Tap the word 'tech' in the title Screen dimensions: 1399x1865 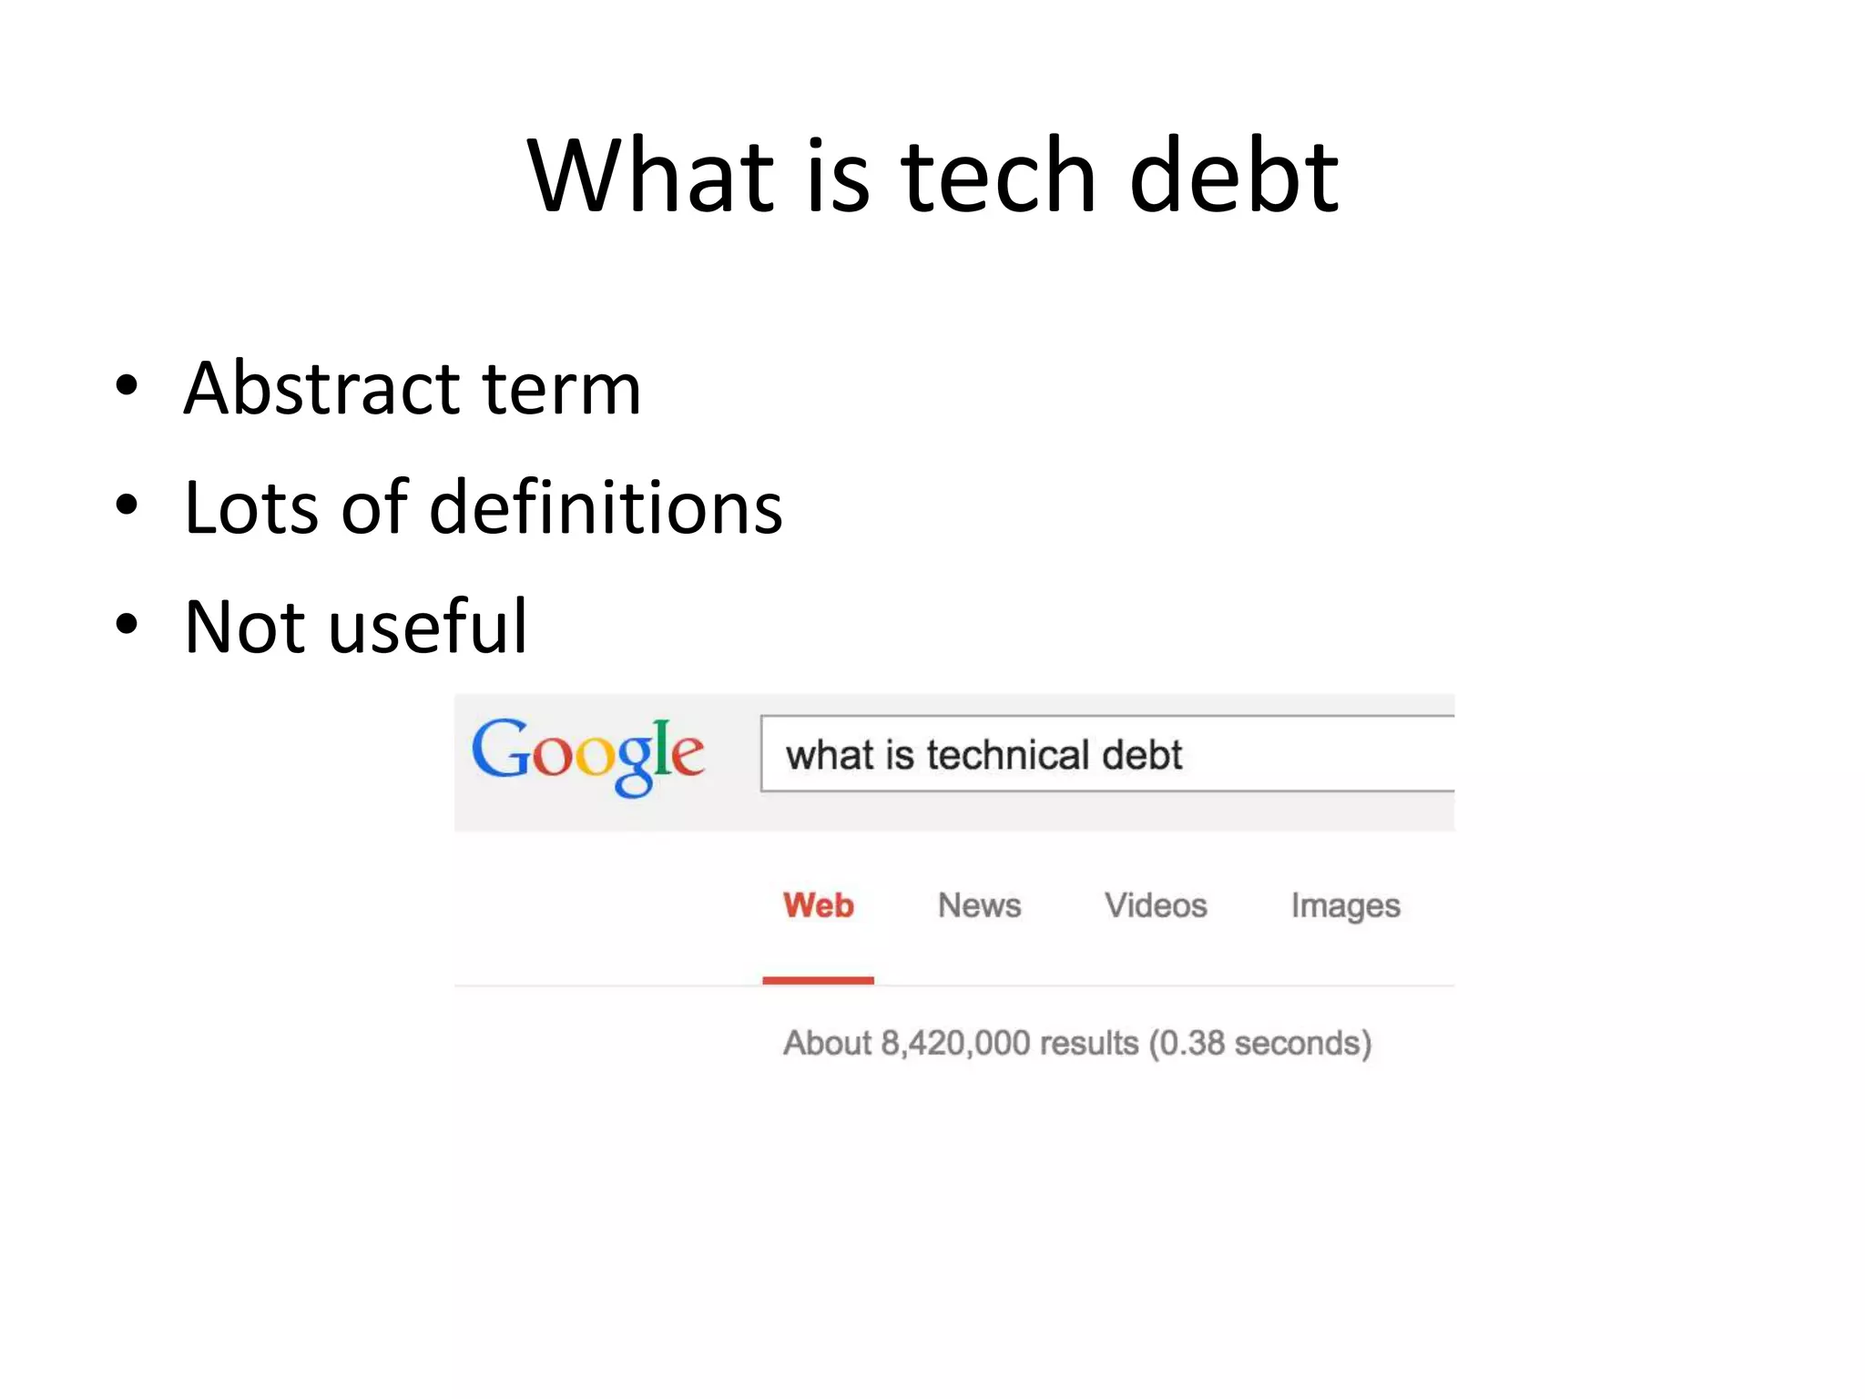(998, 175)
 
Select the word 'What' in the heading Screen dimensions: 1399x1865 (651, 175)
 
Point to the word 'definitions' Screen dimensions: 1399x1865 (606, 507)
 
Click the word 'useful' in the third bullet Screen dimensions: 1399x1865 (428, 627)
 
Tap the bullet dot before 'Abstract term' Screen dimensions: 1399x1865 (127, 386)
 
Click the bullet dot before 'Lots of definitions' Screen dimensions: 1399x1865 (127, 505)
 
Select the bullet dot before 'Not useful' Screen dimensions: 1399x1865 (127, 625)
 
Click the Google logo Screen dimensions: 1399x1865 (587, 756)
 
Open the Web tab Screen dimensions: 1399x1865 (818, 905)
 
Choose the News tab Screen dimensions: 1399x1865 (979, 905)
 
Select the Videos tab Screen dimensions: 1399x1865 (1156, 905)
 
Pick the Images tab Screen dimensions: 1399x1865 (1345, 906)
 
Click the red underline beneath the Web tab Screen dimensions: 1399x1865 (818, 980)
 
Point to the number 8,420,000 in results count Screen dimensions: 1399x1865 (955, 1043)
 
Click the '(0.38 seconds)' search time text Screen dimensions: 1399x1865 (1259, 1044)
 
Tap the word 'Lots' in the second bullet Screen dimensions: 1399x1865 (250, 507)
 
